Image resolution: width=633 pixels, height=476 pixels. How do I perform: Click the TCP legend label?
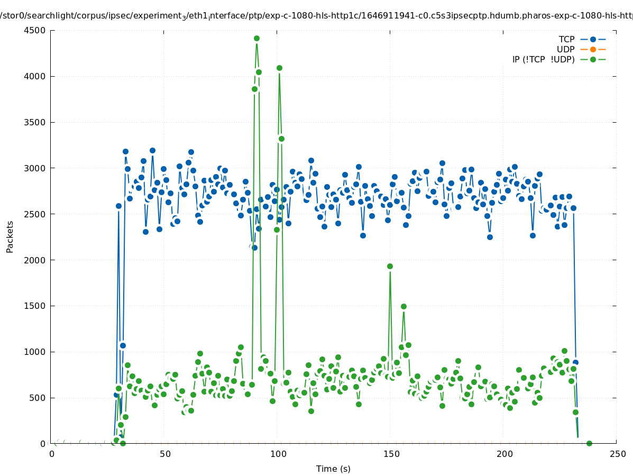[x=566, y=39]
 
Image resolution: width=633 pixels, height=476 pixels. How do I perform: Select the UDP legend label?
[x=565, y=49]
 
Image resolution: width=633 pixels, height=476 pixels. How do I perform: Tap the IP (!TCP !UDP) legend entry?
[x=543, y=59]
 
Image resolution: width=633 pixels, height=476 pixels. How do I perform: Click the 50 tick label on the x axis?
[x=165, y=454]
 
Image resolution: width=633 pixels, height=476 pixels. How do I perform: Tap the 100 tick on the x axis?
[x=278, y=454]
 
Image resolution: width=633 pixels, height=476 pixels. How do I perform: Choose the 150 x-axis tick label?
[x=391, y=454]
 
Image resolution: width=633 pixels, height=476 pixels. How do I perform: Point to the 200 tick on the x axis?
[x=504, y=454]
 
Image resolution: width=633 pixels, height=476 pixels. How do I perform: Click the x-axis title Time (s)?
[x=333, y=469]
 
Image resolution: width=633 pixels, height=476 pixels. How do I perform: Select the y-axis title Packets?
[x=10, y=237]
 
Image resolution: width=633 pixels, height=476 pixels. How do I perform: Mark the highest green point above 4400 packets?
[x=256, y=39]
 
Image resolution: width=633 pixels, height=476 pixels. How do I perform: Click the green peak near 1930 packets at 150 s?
[x=390, y=266]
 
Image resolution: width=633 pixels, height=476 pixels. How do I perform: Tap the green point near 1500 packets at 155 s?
[x=403, y=306]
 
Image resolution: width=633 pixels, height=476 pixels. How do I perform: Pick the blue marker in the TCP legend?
[x=593, y=39]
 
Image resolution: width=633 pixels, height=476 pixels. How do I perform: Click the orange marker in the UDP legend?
[x=593, y=49]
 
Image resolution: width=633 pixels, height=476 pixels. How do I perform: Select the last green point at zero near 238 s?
[x=589, y=443]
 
